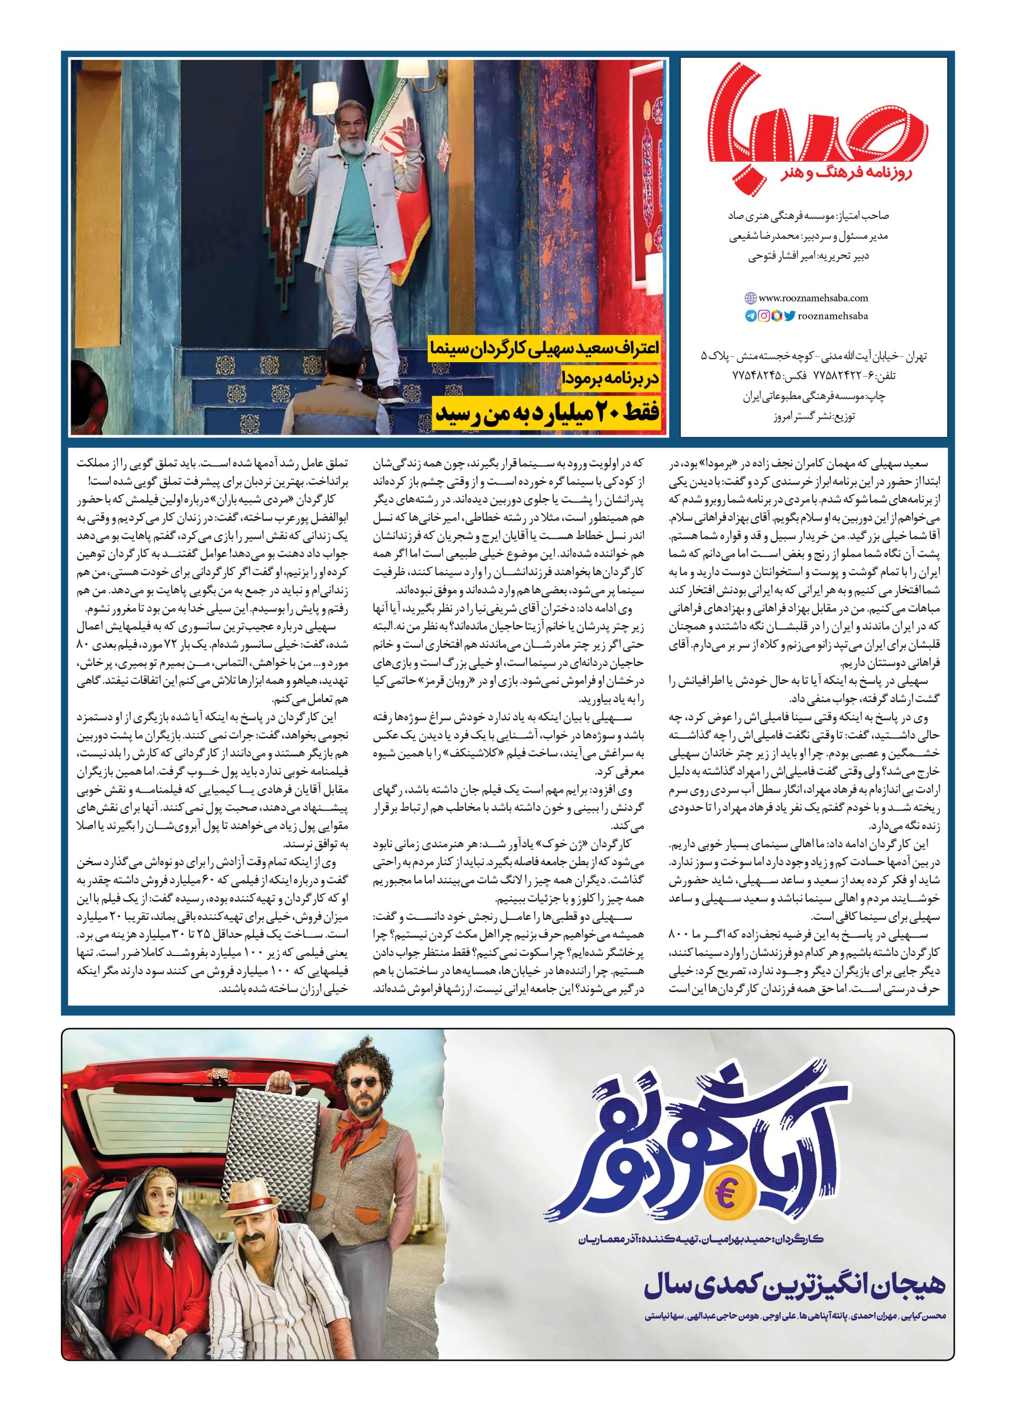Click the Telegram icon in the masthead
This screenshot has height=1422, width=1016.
point(750,317)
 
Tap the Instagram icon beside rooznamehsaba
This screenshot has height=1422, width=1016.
point(763,317)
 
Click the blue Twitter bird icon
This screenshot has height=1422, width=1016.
point(789,317)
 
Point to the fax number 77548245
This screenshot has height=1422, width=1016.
point(758,375)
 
